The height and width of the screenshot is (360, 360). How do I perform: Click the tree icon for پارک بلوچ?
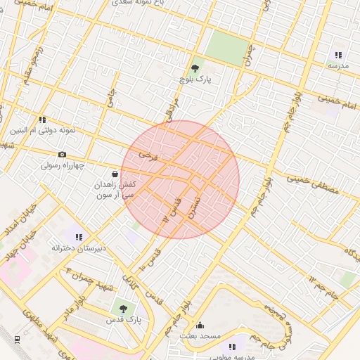tap(195, 68)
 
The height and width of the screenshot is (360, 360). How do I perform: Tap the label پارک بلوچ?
tap(195, 80)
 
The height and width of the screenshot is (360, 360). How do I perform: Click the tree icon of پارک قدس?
tap(123, 308)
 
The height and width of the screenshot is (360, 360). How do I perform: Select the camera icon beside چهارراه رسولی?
tap(62, 155)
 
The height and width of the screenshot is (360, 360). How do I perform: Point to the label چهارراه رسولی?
tap(62, 166)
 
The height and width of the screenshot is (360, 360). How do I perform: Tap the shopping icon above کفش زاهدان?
tap(115, 173)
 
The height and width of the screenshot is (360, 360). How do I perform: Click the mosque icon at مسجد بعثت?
tap(200, 325)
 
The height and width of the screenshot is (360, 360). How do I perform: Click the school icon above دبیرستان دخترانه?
tap(79, 237)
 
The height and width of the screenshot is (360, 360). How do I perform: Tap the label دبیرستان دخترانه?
tap(79, 248)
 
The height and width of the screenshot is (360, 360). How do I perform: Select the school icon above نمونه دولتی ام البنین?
tap(42, 120)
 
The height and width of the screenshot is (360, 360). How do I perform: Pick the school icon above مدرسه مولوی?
tap(232, 346)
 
